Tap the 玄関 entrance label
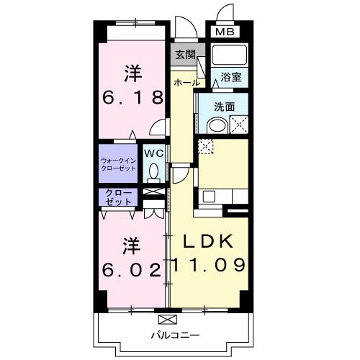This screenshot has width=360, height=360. click(184, 55)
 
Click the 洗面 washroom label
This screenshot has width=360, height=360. click(225, 107)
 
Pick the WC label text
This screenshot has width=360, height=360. click(153, 153)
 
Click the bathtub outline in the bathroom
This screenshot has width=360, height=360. click(230, 56)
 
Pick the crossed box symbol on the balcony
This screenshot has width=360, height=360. click(166, 318)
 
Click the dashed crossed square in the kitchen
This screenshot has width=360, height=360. click(205, 147)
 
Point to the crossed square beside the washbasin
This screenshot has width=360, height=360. click(238, 125)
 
